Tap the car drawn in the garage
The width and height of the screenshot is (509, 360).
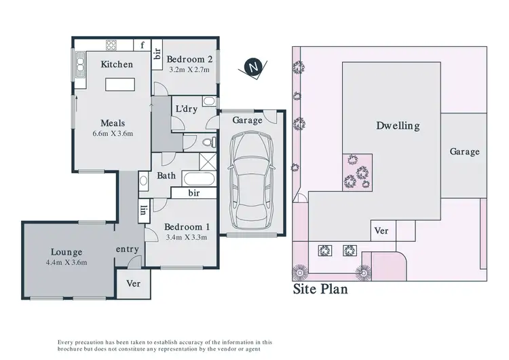tap(252, 180)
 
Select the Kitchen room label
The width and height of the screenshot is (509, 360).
tap(117, 65)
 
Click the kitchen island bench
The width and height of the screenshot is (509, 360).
tap(119, 84)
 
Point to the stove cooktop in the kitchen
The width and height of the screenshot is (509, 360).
tap(111, 46)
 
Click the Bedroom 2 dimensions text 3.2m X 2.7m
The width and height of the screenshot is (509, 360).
tap(189, 69)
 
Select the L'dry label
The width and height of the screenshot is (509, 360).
tap(187, 109)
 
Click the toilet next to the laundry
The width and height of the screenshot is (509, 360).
tap(210, 143)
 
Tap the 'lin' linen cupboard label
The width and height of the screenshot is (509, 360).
tap(144, 211)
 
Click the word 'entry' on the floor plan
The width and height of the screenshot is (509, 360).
tap(128, 249)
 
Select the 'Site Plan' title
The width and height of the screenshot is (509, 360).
tap(320, 290)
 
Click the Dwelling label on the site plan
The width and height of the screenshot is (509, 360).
tap(398, 126)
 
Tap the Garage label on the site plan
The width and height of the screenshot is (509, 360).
tap(464, 151)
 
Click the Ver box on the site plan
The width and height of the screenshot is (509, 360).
tap(382, 231)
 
